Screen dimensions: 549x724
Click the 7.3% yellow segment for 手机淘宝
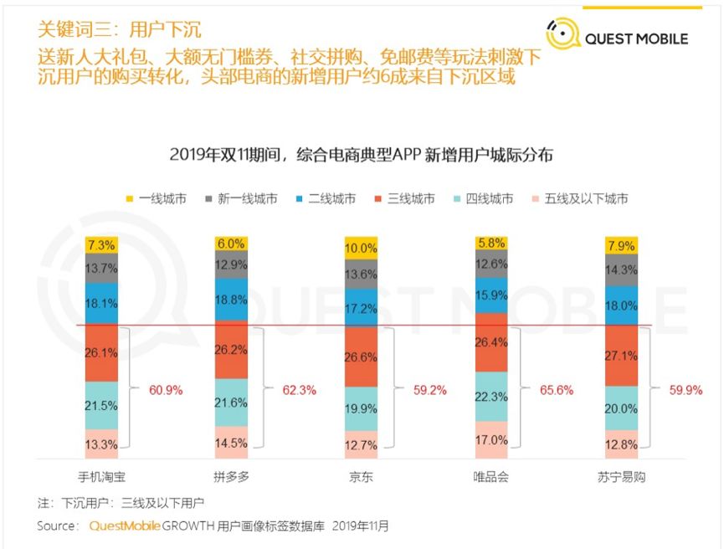click(101, 244)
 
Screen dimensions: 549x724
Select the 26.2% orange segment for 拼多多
click(231, 350)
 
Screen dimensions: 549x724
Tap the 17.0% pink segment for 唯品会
click(491, 439)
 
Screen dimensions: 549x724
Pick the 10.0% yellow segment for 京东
click(362, 249)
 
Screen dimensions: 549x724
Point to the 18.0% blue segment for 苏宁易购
click(622, 305)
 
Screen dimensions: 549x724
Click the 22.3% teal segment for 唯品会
click(491, 397)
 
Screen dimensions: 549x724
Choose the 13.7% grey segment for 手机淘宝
click(101, 268)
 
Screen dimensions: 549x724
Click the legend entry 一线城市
click(157, 199)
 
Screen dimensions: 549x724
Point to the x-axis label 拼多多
click(231, 477)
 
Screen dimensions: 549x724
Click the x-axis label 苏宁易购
click(622, 477)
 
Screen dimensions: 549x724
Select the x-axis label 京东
click(362, 477)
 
